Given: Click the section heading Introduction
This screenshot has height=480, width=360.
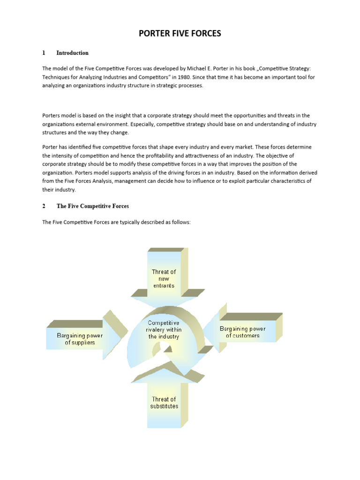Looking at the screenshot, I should tap(72, 53).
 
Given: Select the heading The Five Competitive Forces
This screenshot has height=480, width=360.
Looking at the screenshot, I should tap(92, 206).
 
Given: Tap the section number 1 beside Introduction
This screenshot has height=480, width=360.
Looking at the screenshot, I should tap(44, 53).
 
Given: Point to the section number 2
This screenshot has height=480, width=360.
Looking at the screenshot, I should tap(44, 206).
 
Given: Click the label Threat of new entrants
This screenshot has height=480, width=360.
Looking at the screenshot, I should tap(164, 278).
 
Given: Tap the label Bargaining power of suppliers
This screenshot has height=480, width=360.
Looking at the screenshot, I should tap(80, 339).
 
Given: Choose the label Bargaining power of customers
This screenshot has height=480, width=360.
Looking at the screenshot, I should tap(242, 332).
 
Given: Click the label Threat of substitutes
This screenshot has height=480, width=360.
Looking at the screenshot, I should tap(164, 403).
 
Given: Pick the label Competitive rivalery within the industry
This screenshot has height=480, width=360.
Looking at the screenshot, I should tap(164, 330).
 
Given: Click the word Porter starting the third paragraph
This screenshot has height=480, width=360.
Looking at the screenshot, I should tap(50, 147).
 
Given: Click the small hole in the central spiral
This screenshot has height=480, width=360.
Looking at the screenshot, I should tap(164, 347).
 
